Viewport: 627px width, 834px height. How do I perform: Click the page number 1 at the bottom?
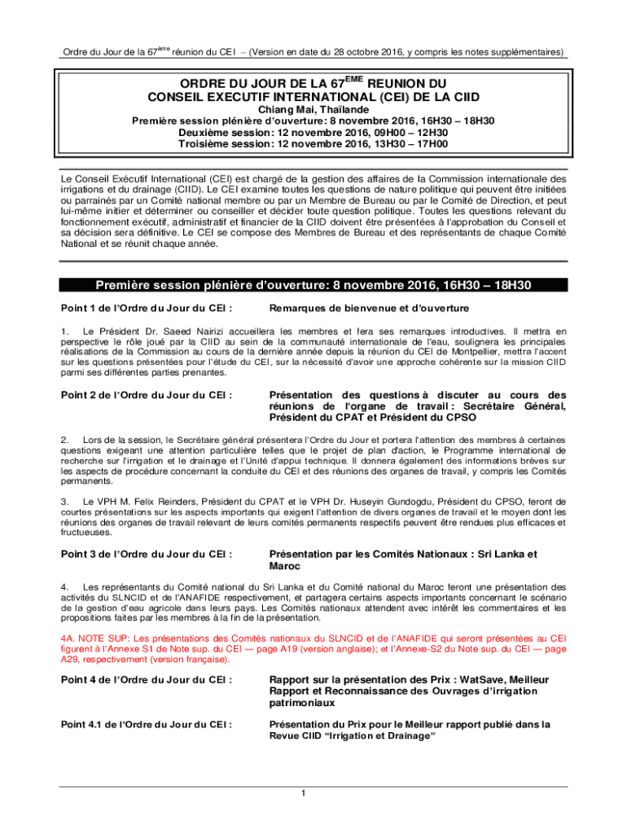[302, 794]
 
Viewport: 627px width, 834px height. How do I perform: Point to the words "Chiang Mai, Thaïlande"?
[313, 109]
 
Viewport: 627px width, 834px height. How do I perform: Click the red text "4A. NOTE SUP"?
[96, 638]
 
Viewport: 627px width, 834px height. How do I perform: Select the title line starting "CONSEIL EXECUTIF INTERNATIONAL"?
[313, 96]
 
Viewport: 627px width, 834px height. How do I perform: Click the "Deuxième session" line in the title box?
[313, 132]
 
